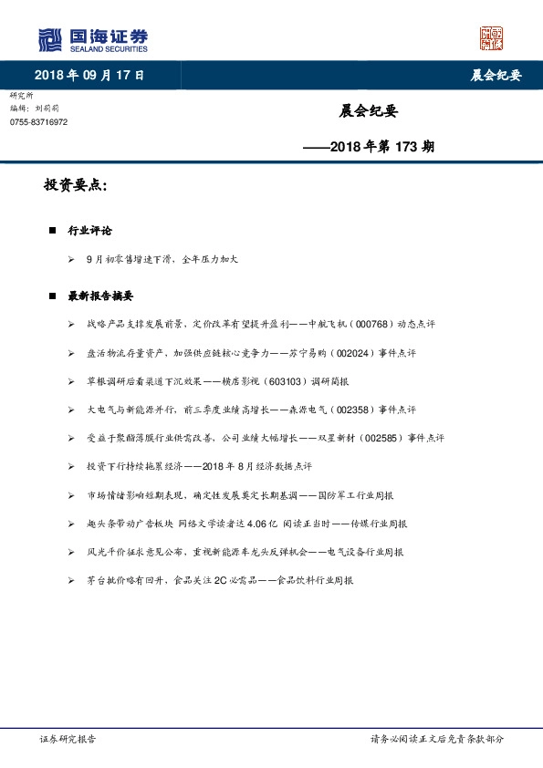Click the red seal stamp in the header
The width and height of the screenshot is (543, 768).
(x=492, y=38)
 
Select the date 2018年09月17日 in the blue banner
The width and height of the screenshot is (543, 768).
(x=89, y=76)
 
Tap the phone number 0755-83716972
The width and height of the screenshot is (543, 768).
(x=38, y=122)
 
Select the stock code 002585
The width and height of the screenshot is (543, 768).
(x=383, y=438)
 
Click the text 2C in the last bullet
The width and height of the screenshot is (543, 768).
(x=220, y=580)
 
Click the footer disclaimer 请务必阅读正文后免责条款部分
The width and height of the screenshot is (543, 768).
(x=436, y=739)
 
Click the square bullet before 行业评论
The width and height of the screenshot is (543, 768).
(x=53, y=232)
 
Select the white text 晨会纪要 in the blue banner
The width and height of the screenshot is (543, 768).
(x=496, y=76)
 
